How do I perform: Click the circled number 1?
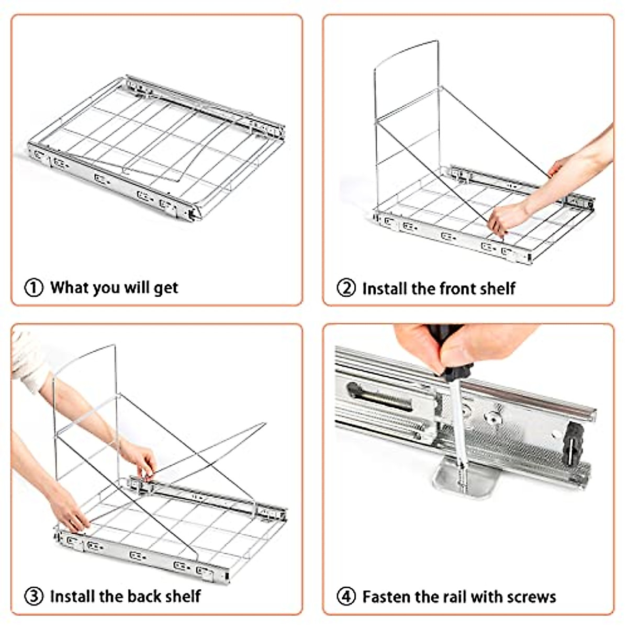click(x=33, y=288)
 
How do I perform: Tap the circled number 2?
click(x=346, y=288)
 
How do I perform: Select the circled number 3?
click(x=33, y=596)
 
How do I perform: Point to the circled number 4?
click(x=346, y=597)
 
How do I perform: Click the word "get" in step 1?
click(x=166, y=288)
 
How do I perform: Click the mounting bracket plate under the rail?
click(x=466, y=479)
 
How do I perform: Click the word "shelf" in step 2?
click(x=496, y=288)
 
